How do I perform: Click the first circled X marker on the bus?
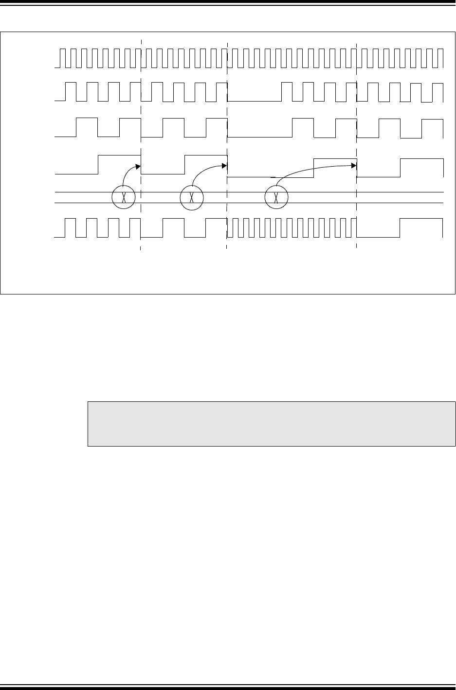point(123,197)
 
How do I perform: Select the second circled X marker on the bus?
point(191,197)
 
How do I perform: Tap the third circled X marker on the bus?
point(276,197)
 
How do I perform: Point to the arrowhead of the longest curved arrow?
point(354,165)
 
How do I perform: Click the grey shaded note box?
point(271,424)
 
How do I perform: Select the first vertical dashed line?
point(141,146)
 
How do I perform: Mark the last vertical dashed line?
point(357,146)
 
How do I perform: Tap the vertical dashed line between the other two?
point(227,146)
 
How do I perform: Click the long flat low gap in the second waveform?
point(255,101)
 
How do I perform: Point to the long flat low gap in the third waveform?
point(259,137)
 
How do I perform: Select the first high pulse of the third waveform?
point(87,118)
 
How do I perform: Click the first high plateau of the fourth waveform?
point(119,155)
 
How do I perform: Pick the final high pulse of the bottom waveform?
point(421,220)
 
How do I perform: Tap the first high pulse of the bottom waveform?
point(71,220)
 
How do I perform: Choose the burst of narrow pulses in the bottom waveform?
point(292,228)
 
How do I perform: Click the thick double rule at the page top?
point(228,2)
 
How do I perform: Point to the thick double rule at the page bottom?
point(228,687)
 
